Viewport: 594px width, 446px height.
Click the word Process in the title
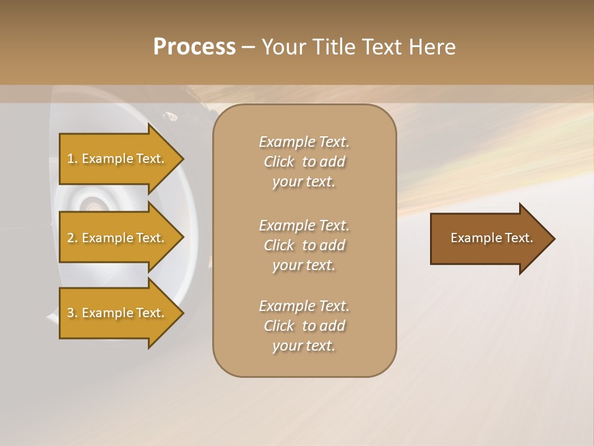tap(194, 47)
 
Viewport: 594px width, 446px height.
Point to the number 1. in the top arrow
tap(72, 159)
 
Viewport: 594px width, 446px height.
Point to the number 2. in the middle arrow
tap(72, 238)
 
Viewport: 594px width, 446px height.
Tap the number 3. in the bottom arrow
tap(72, 313)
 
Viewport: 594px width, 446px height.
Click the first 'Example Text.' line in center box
tap(304, 142)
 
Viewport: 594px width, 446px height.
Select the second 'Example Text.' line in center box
tap(304, 225)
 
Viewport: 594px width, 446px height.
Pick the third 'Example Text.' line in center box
tap(304, 306)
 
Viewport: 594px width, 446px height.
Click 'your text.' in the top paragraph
tap(304, 182)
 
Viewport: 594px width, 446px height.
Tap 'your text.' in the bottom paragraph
tap(304, 346)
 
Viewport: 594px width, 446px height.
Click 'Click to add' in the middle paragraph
tap(304, 245)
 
